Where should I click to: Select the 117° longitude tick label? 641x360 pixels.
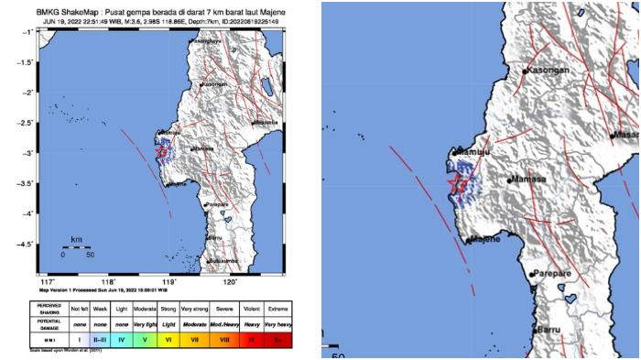[49, 281]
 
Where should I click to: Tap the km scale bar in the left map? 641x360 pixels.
[77, 247]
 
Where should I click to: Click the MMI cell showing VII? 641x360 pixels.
[195, 338]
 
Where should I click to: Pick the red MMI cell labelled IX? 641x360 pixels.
[248, 338]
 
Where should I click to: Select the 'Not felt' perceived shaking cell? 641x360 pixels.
[80, 310]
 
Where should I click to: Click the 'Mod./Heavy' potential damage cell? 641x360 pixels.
[222, 324]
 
